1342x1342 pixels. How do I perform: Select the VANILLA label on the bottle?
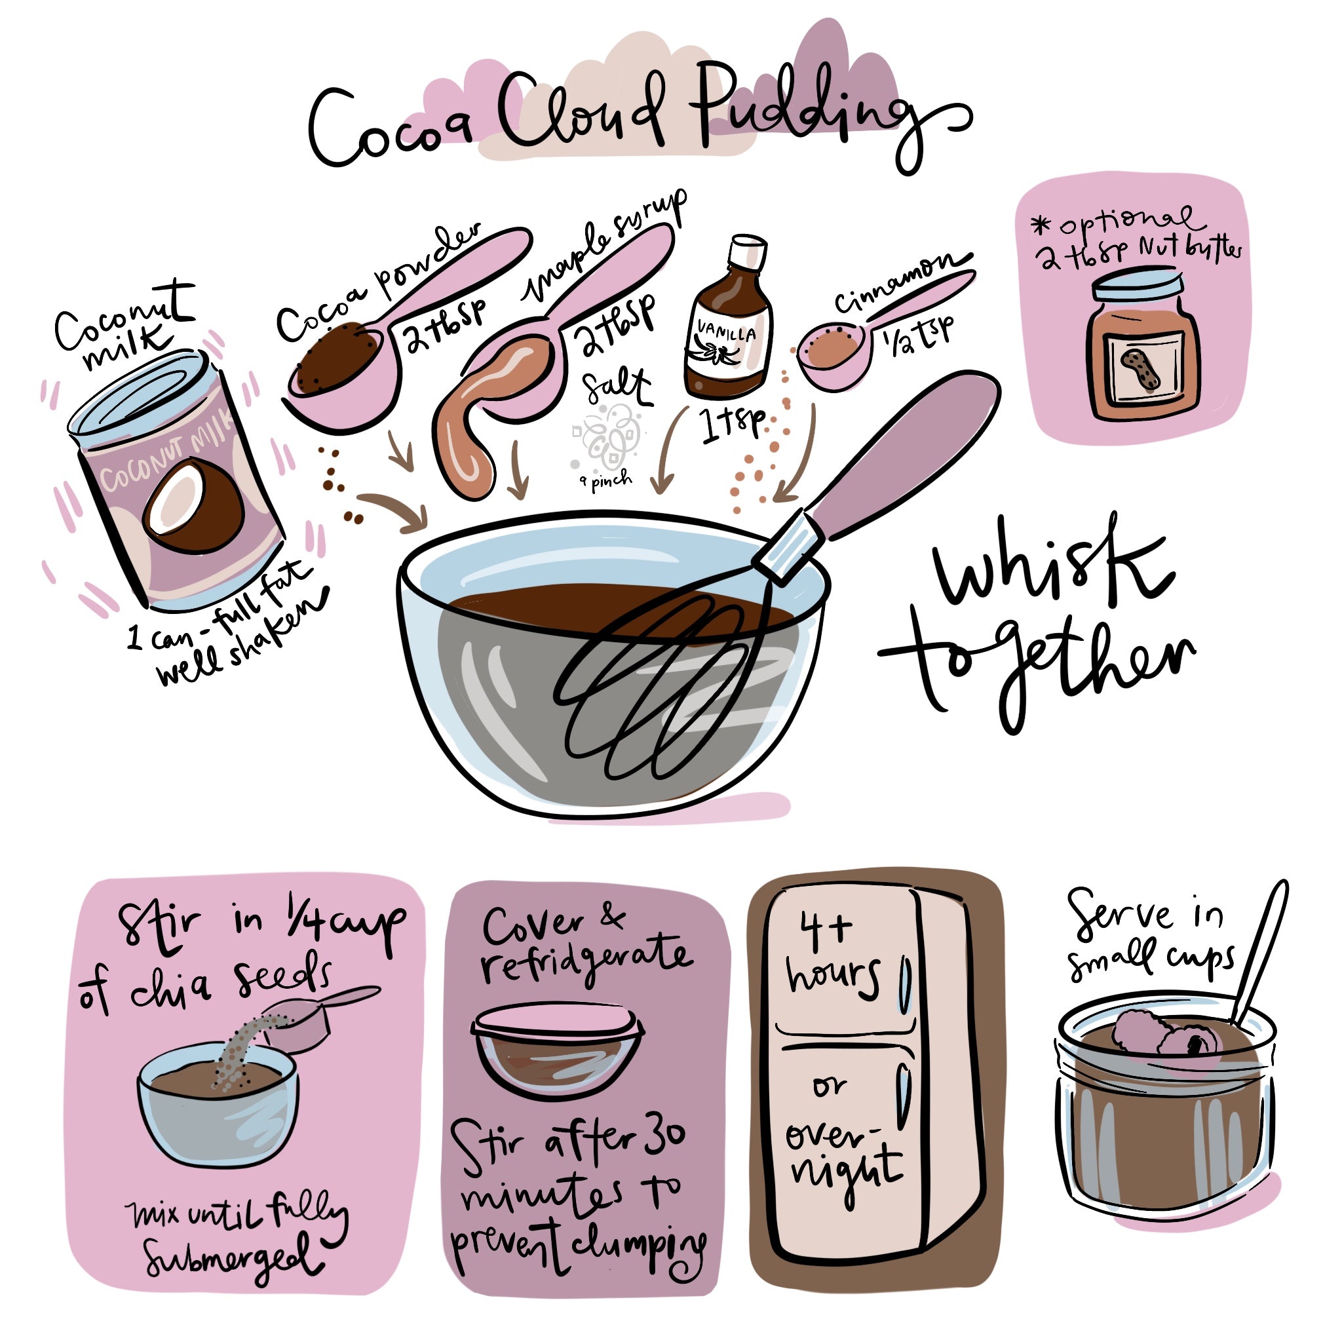click(x=727, y=334)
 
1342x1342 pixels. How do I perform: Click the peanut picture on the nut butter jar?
click(x=1138, y=368)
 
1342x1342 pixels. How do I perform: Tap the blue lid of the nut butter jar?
click(x=1136, y=282)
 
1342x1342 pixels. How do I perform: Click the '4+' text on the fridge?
click(x=825, y=929)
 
